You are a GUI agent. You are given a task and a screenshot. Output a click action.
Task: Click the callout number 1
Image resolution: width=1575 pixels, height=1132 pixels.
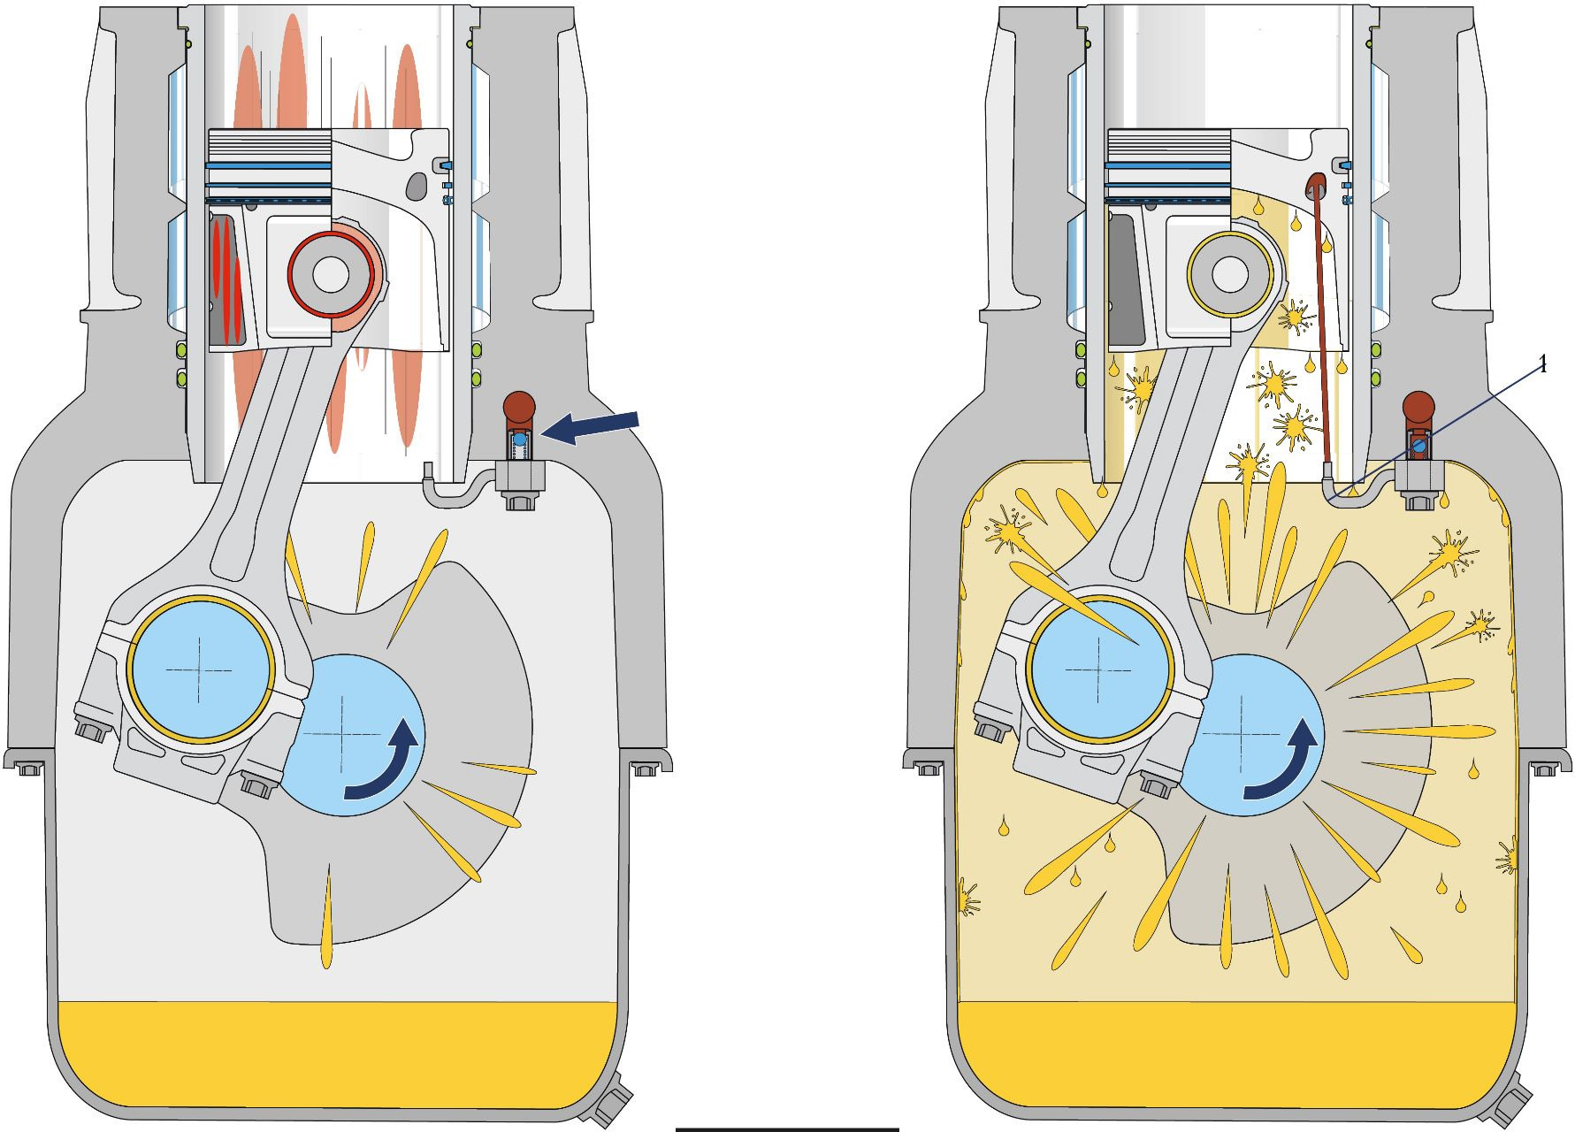click(x=1543, y=365)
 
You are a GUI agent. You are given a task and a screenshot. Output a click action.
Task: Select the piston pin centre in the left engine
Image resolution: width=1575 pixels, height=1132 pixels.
click(x=331, y=275)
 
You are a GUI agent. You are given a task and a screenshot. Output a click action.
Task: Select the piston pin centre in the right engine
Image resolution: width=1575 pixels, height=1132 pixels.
click(x=1230, y=275)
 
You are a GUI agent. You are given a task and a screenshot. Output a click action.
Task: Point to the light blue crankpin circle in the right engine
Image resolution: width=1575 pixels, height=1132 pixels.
click(x=1099, y=669)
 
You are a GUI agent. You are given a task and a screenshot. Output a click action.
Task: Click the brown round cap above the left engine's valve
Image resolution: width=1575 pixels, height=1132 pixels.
click(x=519, y=407)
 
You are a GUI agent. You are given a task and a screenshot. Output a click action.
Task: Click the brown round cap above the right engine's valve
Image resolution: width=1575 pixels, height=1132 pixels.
click(x=1418, y=407)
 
